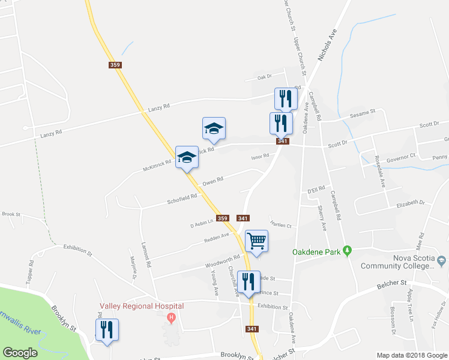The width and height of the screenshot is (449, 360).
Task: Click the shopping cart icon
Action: click(257, 241)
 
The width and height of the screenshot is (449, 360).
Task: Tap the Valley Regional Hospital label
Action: click(141, 306)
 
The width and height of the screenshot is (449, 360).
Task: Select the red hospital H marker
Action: click(172, 317)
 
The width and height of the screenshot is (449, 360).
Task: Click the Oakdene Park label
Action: click(316, 252)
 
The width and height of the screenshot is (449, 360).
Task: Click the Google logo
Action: click(19, 352)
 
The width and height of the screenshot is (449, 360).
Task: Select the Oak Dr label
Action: click(265, 77)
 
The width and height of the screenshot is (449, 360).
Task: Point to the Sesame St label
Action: click(363, 112)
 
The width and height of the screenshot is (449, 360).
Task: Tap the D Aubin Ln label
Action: click(202, 224)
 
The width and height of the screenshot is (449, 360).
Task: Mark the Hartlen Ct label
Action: click(281, 226)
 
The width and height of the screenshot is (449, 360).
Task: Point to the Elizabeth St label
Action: click(411, 205)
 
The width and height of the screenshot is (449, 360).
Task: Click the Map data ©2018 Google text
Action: click(412, 355)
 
